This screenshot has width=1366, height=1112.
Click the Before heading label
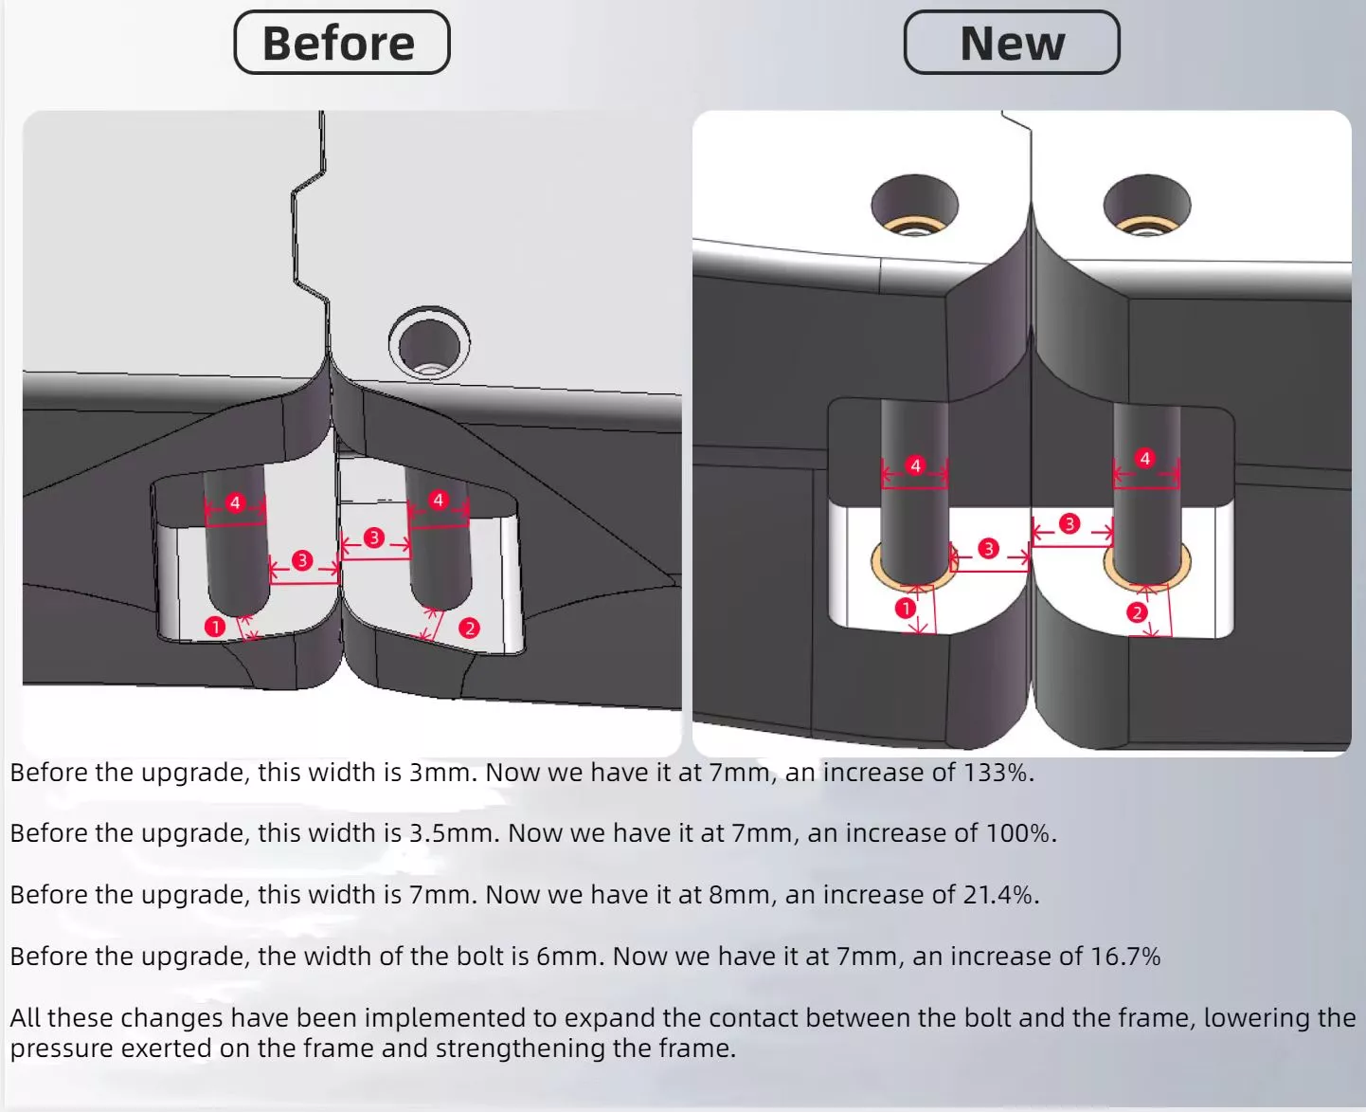(342, 43)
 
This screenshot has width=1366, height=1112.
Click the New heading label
(1012, 43)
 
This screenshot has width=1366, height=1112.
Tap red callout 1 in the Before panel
(215, 627)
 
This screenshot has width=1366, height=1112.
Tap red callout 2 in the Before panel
(470, 628)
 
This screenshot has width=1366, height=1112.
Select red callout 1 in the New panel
(906, 608)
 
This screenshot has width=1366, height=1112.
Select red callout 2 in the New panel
(1137, 612)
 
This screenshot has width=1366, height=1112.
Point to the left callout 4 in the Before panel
(235, 502)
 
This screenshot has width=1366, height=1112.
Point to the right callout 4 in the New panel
(1144, 458)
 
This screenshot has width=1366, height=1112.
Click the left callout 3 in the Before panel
(302, 560)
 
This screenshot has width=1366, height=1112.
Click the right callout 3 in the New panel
(1069, 523)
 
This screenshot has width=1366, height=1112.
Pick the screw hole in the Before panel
(429, 343)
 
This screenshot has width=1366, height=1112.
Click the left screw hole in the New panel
(914, 206)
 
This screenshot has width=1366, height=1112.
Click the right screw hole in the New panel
(1146, 206)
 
